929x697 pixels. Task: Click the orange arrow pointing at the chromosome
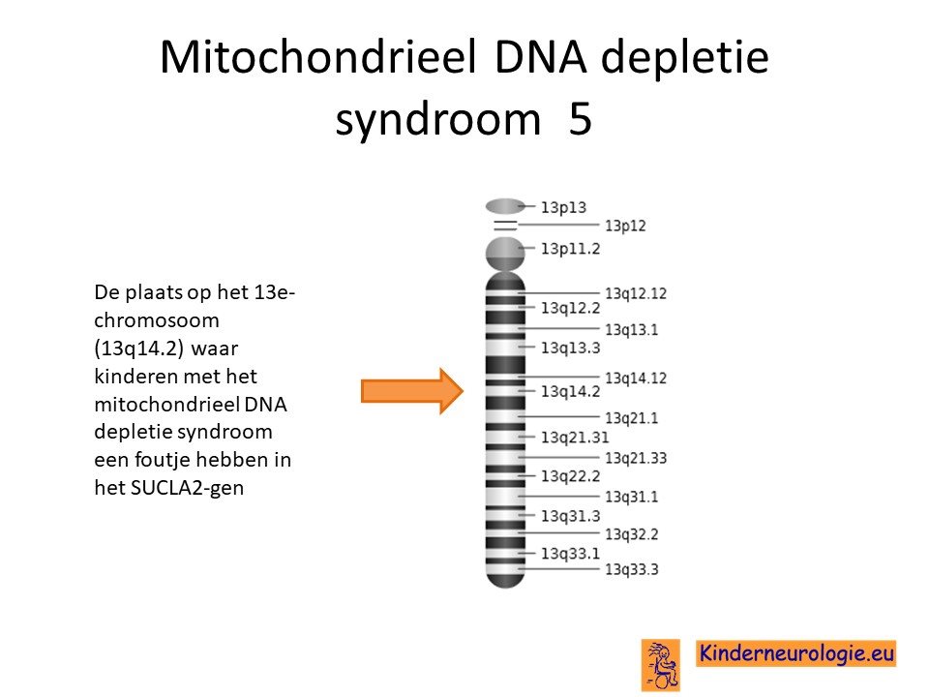click(x=412, y=391)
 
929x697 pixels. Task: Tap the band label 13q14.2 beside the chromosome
click(x=570, y=392)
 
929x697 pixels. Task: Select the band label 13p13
click(x=563, y=207)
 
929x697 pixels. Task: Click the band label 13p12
click(x=625, y=226)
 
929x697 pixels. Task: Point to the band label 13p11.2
click(x=570, y=249)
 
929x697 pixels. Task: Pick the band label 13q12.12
click(x=635, y=293)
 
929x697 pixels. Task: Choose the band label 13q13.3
click(x=570, y=348)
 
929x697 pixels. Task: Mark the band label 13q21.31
click(x=575, y=438)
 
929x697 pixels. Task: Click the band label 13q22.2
click(x=570, y=476)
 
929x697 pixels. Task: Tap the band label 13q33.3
click(x=631, y=569)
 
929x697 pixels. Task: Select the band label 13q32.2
click(x=631, y=534)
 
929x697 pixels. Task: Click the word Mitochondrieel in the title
click(x=318, y=57)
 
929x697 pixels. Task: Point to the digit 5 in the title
click(x=580, y=118)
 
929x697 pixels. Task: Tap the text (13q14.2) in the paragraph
click(x=138, y=348)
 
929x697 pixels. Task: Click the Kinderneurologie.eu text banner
click(x=795, y=653)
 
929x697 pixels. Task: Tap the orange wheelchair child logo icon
click(x=661, y=664)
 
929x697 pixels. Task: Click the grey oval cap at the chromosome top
click(x=505, y=206)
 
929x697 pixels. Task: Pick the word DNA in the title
click(x=540, y=57)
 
